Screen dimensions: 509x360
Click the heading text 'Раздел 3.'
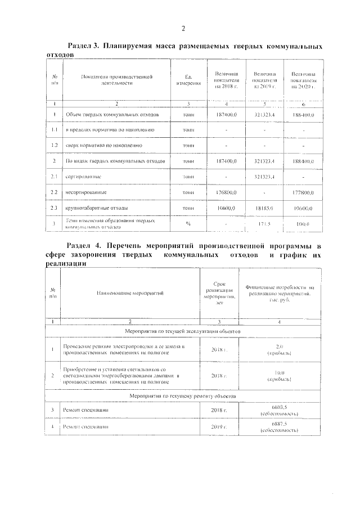pyautogui.click(x=83, y=46)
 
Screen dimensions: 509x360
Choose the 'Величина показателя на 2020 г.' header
pyautogui.click(x=303, y=80)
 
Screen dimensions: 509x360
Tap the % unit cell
pyautogui.click(x=188, y=224)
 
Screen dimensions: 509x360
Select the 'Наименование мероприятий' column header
pyautogui.click(x=129, y=293)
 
